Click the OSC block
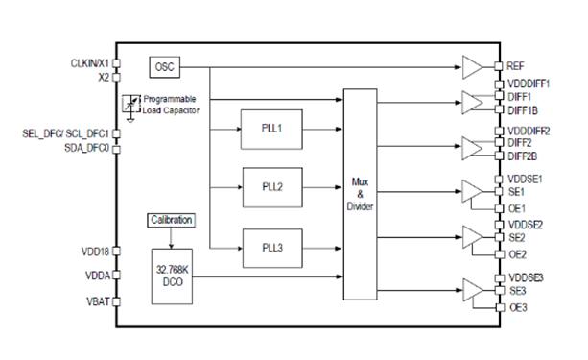click(x=165, y=67)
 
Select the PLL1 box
click(x=271, y=130)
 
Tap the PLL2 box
click(x=272, y=187)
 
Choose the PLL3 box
click(x=272, y=248)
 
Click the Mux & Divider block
click(x=360, y=194)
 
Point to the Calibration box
click(x=171, y=220)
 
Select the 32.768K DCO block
click(x=172, y=276)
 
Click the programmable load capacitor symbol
click(x=130, y=108)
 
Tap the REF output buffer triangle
click(x=472, y=67)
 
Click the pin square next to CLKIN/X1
click(x=117, y=63)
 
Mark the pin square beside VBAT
click(x=117, y=301)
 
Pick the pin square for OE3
click(x=500, y=307)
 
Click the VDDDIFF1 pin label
click(x=529, y=84)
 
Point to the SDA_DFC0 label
click(x=86, y=148)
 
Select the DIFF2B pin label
click(x=523, y=156)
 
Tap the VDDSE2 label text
click(x=526, y=225)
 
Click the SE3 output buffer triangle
click(x=473, y=290)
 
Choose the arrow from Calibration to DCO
click(x=171, y=238)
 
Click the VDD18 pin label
click(x=95, y=252)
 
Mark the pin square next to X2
click(x=117, y=78)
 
